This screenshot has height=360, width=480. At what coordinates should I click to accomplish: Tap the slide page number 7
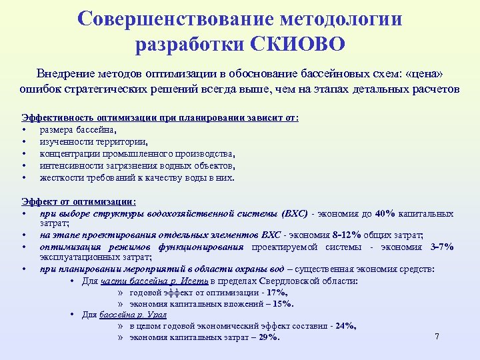(x=437, y=336)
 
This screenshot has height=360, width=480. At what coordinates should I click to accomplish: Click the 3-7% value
(x=442, y=247)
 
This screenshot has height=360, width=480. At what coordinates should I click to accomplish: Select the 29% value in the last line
(x=267, y=337)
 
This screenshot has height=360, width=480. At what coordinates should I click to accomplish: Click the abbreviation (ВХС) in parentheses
(x=293, y=213)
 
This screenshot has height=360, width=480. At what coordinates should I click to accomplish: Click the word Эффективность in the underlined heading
(x=55, y=117)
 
